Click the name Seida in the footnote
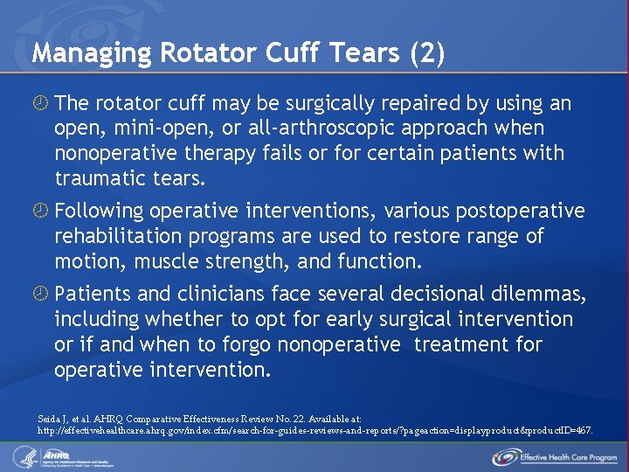51,420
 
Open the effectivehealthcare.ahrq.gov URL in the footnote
315,431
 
